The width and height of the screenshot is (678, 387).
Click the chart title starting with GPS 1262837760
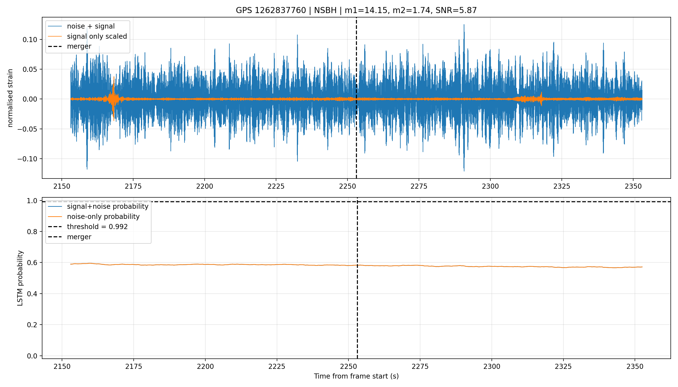356,10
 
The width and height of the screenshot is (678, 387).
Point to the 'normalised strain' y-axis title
10,98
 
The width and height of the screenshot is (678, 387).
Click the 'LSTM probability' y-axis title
20,278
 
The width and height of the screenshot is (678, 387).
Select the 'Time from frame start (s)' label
356,376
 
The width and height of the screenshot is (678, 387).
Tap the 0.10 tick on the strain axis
30,40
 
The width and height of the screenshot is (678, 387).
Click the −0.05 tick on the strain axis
27,129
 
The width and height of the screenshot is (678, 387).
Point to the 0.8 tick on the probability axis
32,232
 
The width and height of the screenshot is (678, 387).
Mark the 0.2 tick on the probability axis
32,325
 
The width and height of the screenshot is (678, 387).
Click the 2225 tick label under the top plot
276,186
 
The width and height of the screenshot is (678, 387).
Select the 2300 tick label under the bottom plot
492,366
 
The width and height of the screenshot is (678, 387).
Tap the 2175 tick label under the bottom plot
134,366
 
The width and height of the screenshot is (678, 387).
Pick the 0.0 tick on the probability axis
32,356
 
